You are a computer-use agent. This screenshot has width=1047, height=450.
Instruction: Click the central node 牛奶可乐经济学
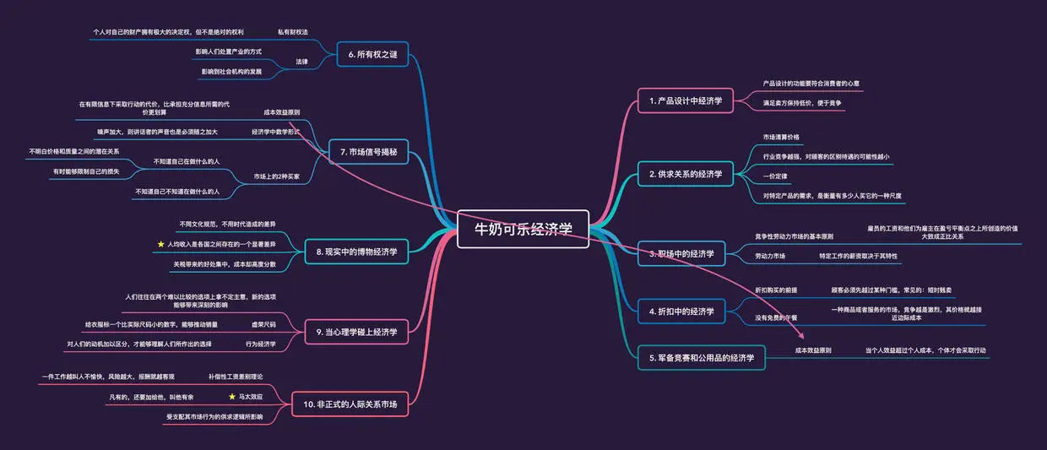(x=523, y=228)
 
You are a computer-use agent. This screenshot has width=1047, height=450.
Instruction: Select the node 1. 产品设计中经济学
(x=686, y=100)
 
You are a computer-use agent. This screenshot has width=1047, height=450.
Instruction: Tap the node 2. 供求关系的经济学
(x=686, y=174)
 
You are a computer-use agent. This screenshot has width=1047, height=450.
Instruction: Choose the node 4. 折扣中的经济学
(x=681, y=312)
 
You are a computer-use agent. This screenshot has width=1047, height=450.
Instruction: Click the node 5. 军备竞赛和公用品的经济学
(x=701, y=358)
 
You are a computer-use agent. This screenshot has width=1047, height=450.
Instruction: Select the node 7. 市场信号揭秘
(x=368, y=152)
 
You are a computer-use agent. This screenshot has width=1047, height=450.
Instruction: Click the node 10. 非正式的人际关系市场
(x=350, y=404)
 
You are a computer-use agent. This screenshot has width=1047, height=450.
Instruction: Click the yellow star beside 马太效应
(x=232, y=396)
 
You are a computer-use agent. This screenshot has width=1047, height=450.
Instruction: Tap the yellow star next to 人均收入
(x=160, y=244)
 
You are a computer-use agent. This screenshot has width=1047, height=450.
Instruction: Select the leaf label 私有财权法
(x=292, y=32)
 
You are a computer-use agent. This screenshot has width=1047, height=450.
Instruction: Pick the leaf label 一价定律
(x=775, y=176)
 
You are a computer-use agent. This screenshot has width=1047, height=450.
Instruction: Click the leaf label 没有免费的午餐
(x=776, y=317)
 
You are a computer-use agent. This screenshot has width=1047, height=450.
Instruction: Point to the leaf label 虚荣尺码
(x=263, y=324)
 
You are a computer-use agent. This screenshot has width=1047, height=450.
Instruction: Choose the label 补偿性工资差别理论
(x=236, y=376)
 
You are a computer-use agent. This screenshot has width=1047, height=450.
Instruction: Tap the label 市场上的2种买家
(x=276, y=176)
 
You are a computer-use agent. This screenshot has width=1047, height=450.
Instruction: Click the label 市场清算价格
(x=781, y=137)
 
